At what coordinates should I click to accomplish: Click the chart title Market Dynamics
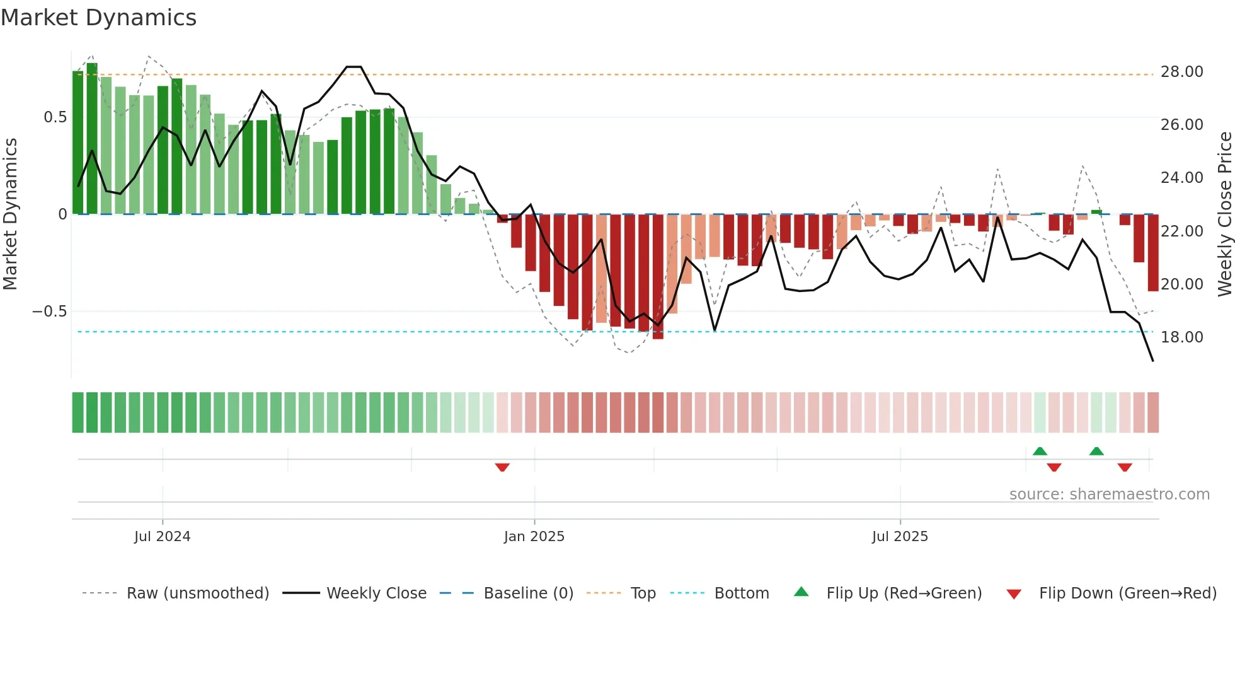pos(99,18)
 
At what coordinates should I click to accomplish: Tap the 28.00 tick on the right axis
pos(1181,72)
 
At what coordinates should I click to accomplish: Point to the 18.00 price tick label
pos(1181,337)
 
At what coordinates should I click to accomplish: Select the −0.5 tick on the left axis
pos(49,312)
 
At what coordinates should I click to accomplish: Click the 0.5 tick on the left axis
pos(55,117)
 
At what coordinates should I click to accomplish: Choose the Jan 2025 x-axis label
pos(534,537)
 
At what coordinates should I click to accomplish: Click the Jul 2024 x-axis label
pos(162,537)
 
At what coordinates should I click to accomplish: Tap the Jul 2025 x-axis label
pos(900,537)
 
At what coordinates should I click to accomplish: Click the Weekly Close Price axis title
pos(1224,214)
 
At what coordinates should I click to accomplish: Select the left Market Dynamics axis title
pos(10,214)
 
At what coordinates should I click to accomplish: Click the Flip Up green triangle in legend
pos(801,592)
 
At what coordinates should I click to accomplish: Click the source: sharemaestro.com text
pos(1109,494)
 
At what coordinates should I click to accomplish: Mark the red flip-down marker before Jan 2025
pos(502,467)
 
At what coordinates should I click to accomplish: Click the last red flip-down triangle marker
pos(1125,467)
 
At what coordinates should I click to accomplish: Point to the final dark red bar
pos(1153,252)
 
